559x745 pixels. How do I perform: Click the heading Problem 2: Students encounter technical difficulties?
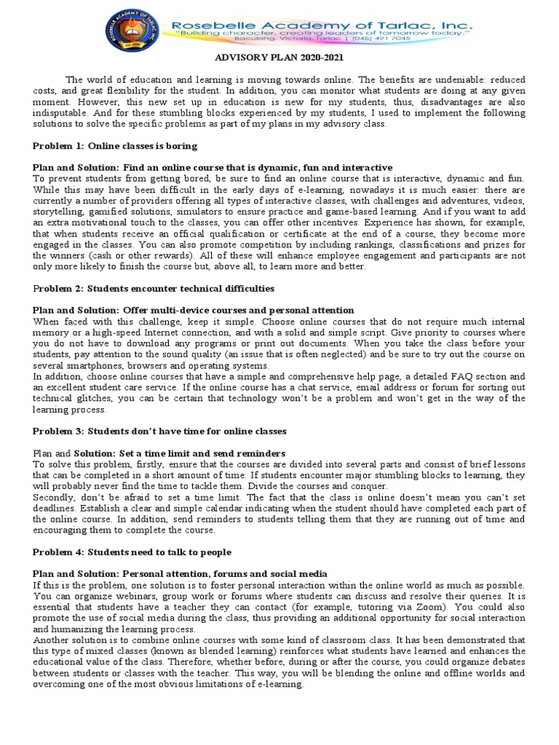point(154,289)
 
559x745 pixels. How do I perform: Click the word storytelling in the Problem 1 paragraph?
point(58,210)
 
